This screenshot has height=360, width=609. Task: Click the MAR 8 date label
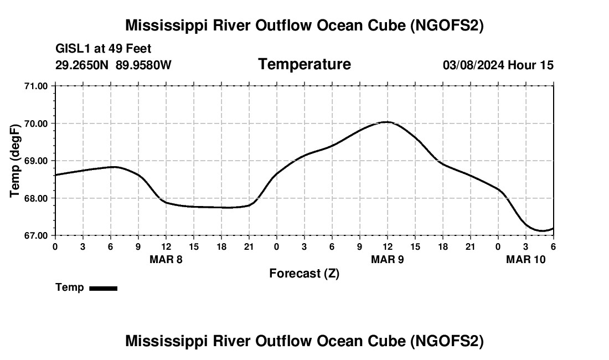pyautogui.click(x=166, y=259)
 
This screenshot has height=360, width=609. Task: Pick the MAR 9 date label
pyautogui.click(x=387, y=259)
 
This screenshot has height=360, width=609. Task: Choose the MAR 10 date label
pyautogui.click(x=525, y=259)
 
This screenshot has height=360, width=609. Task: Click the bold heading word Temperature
pyautogui.click(x=304, y=64)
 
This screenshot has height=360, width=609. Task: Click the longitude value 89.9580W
pyautogui.click(x=144, y=65)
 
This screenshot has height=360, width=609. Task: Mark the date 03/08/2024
pyautogui.click(x=473, y=65)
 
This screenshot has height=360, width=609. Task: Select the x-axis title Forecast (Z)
pyautogui.click(x=304, y=274)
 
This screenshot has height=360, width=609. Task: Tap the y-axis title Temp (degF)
pyautogui.click(x=16, y=161)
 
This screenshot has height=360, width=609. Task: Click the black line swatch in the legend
pyautogui.click(x=103, y=288)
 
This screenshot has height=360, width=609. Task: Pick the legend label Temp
pyautogui.click(x=70, y=287)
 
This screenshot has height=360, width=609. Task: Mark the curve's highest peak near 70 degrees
pyautogui.click(x=387, y=122)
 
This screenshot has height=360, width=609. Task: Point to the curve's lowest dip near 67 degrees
pyautogui.click(x=541, y=231)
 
